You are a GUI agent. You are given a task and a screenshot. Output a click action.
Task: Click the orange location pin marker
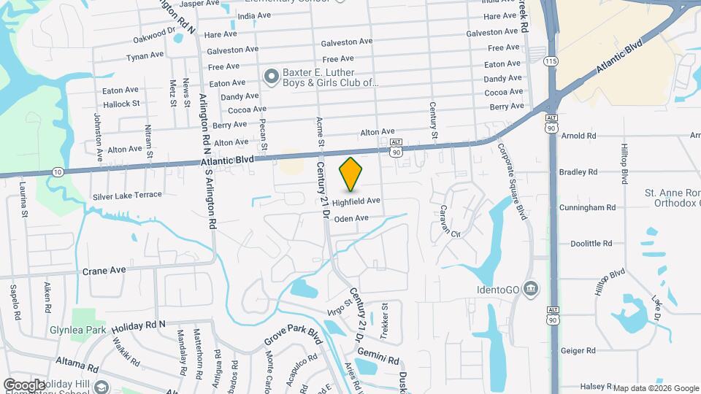351,174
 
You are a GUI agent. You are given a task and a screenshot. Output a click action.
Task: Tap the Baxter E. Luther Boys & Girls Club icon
272,76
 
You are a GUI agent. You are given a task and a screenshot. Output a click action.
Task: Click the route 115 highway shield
551,60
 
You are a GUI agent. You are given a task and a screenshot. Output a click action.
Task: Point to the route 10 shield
57,171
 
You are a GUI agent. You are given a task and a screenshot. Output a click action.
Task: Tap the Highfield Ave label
356,201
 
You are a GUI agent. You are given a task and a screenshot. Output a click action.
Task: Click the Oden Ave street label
350,218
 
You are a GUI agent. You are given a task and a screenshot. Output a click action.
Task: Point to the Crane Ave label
104,271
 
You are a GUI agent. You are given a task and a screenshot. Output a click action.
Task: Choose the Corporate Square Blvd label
511,180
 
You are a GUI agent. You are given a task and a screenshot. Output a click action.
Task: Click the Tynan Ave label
145,56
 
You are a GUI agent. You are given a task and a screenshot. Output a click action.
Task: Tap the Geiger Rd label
579,351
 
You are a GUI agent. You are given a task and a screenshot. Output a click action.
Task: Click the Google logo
25,385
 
